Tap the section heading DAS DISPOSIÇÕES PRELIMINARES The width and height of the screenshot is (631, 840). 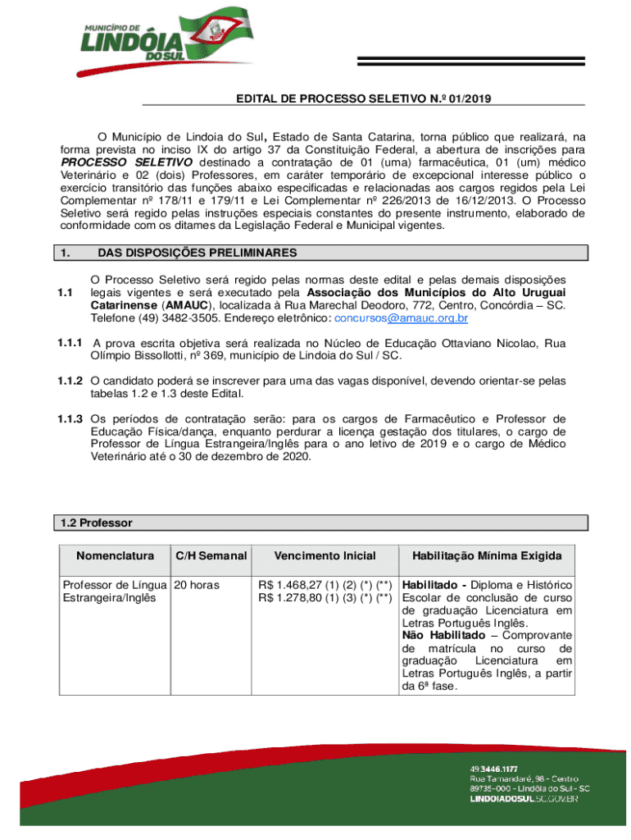(x=197, y=253)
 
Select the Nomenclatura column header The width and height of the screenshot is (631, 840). (x=115, y=556)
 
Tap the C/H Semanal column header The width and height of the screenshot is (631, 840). (x=211, y=556)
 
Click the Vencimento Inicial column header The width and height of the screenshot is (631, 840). (x=325, y=556)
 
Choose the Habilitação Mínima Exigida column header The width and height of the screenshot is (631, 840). (x=487, y=556)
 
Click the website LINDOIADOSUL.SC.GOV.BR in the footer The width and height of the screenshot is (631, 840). (x=524, y=798)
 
